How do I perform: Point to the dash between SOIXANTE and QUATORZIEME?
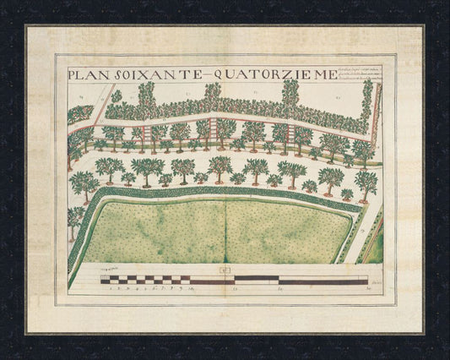207,74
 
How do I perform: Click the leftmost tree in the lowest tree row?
84,181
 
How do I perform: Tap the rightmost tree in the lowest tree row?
366,180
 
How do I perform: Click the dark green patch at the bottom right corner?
373,246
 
